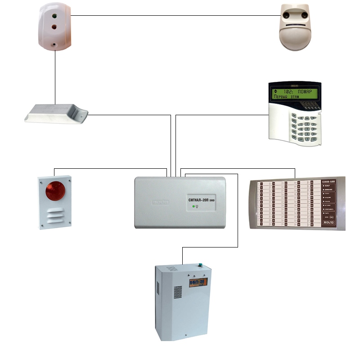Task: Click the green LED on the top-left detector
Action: point(54,17)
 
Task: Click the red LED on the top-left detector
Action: point(54,27)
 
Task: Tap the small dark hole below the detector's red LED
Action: point(54,45)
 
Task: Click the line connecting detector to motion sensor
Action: point(175,16)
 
